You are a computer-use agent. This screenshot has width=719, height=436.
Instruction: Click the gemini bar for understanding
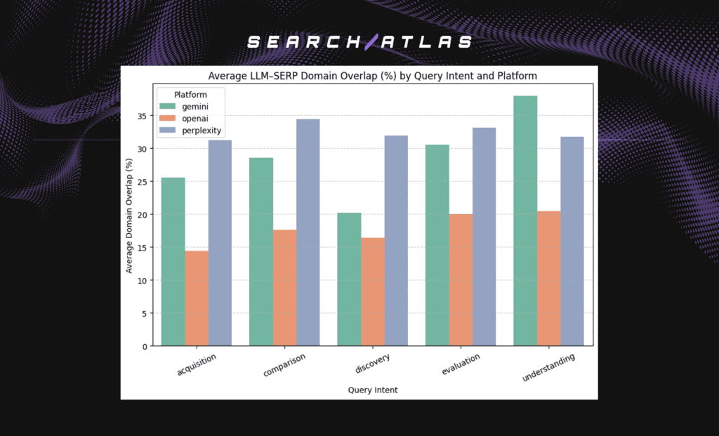tap(525, 220)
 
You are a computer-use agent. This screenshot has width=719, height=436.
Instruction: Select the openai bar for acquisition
tap(197, 298)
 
